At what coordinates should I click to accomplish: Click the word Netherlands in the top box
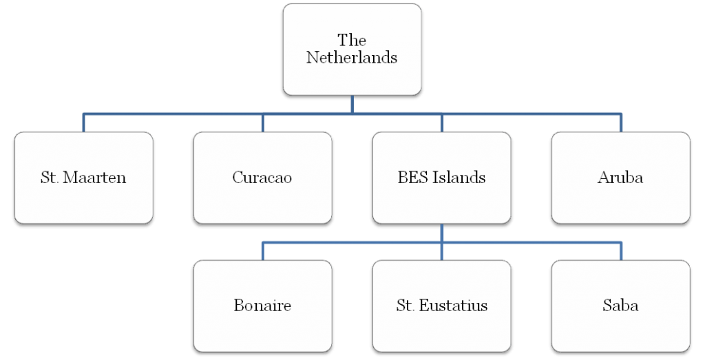click(352, 58)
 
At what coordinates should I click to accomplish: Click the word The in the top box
click(352, 40)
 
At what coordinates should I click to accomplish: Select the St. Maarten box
click(83, 178)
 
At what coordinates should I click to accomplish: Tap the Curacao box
click(262, 178)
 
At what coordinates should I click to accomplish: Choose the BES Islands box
click(441, 178)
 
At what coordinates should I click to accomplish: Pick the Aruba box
click(620, 178)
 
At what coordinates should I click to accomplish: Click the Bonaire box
click(262, 306)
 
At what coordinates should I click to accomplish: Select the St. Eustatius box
click(441, 306)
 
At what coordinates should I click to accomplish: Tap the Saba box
click(620, 306)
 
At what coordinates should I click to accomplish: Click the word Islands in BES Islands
click(459, 178)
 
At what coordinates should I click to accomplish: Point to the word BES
click(412, 178)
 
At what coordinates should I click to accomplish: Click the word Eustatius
click(453, 306)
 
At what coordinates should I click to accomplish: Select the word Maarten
click(94, 178)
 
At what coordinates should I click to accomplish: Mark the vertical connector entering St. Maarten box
click(83, 123)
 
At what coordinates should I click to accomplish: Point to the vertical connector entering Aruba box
click(621, 123)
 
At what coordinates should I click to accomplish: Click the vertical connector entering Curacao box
click(262, 123)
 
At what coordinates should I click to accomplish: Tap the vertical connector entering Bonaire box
click(262, 251)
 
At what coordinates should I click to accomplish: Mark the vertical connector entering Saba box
click(621, 251)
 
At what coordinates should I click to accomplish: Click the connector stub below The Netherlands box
click(352, 104)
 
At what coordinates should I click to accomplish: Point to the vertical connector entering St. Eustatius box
click(441, 242)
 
